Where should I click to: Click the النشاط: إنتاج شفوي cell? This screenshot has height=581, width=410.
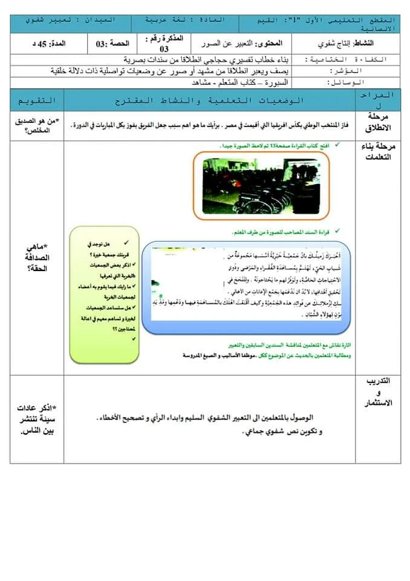click(x=345, y=44)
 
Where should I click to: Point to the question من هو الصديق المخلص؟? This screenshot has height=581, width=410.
click(x=37, y=124)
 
